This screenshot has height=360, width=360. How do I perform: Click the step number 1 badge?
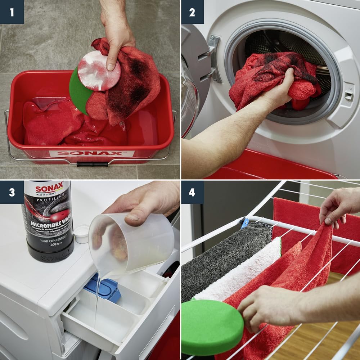point(12,12)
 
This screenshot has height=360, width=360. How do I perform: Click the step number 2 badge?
point(192,12)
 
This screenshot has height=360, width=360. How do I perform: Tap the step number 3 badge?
point(12,192)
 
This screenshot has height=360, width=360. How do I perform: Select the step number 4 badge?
point(192,192)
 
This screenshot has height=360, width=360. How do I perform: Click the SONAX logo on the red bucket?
point(92,153)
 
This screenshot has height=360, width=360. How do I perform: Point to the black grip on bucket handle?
point(88,164)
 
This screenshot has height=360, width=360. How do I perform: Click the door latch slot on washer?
point(348,96)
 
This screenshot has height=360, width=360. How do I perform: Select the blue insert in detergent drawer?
point(103,288)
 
